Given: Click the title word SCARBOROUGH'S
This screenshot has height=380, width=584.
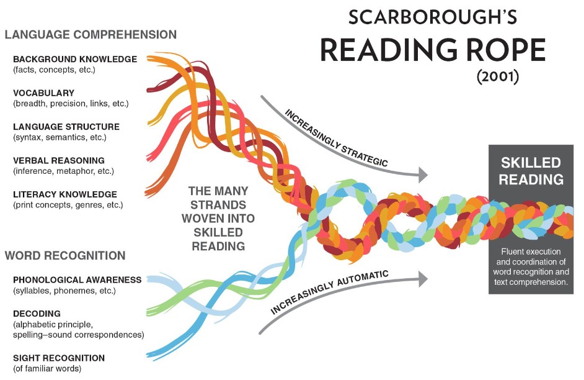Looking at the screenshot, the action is pos(433,17).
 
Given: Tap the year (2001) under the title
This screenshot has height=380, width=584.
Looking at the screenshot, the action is pos(498,76).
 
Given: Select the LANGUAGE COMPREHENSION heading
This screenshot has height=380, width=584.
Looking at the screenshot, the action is pos(91,35).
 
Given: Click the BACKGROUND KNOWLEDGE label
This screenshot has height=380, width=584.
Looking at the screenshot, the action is pos(75,59).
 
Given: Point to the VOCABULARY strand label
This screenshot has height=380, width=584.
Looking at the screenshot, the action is pos(43,93).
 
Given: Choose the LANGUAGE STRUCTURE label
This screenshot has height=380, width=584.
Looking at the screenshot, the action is pos(66,127).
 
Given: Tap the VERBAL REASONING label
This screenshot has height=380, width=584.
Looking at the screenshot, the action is pos(59,161).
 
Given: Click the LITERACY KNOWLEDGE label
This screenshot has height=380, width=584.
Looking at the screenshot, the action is pos(65,194).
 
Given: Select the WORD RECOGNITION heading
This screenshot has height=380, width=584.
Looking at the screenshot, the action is pos(65,255).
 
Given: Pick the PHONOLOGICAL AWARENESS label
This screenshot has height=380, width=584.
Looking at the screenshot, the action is pos(77,280).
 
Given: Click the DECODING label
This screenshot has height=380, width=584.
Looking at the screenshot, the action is pos(37,314).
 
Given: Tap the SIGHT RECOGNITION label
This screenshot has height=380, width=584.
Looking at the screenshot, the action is pos(59,358).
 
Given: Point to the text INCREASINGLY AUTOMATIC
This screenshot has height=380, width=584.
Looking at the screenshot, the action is pos(329,292).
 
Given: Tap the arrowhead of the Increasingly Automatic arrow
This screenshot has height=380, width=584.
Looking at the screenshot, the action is pos(423,279).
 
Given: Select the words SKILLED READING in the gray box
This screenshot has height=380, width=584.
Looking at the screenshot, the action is pos(531,171).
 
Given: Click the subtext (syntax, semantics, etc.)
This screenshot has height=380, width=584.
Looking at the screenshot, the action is pos(60,138).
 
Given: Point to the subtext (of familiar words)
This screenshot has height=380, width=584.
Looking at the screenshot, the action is pos(47,369).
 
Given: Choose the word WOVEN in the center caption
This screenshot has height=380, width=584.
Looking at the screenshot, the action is pos(218,219).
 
